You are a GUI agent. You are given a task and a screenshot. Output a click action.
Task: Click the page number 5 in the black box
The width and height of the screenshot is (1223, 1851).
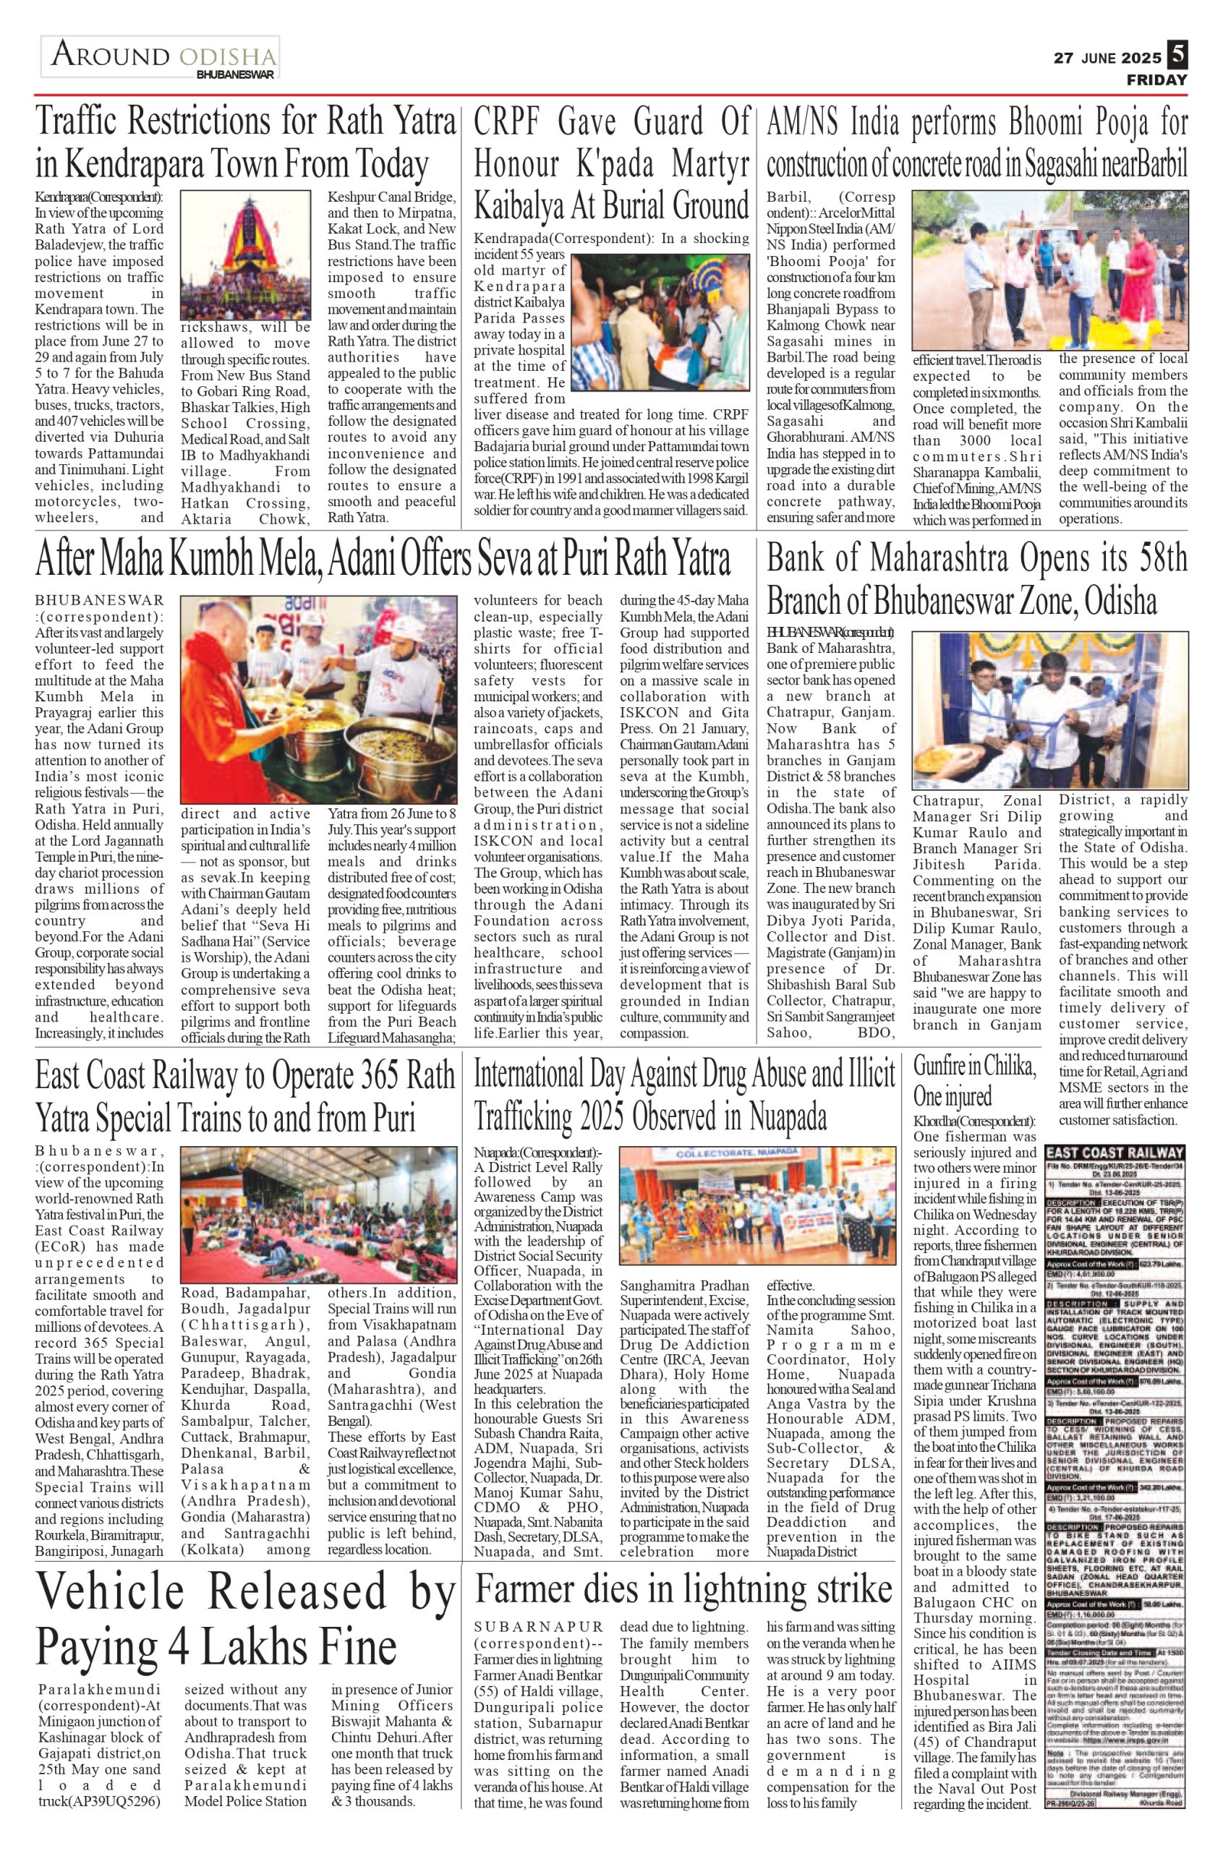[1177, 56]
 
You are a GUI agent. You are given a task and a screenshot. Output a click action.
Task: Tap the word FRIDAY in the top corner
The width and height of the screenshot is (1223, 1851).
[1156, 80]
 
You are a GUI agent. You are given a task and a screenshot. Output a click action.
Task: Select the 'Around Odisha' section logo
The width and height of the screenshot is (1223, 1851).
[160, 58]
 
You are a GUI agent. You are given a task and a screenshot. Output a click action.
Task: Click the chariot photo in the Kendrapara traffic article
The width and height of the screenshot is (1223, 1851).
[245, 255]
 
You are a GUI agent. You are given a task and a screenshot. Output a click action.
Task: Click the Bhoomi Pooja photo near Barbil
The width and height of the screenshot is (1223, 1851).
[1051, 270]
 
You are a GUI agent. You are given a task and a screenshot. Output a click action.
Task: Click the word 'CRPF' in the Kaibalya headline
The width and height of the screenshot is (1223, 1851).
[515, 122]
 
